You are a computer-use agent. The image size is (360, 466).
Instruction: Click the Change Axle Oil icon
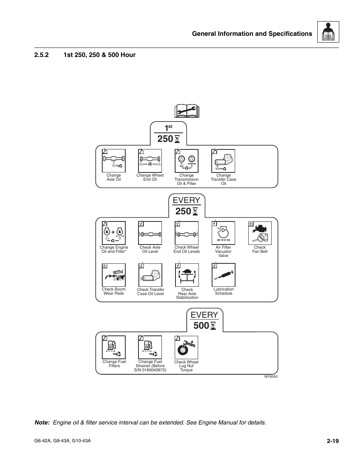click(x=114, y=161)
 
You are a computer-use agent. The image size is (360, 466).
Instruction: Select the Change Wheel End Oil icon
click(x=150, y=161)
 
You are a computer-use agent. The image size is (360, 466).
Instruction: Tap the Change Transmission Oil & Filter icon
click(x=186, y=161)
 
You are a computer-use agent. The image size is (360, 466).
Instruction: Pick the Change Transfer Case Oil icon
click(x=223, y=161)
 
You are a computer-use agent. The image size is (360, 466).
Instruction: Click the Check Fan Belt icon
click(x=260, y=233)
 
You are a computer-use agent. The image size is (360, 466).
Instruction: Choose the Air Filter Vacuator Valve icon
click(x=223, y=233)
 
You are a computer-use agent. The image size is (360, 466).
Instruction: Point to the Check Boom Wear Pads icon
click(x=114, y=275)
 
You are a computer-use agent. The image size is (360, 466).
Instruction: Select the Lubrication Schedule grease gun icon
click(x=223, y=275)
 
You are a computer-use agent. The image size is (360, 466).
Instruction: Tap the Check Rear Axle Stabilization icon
click(x=187, y=275)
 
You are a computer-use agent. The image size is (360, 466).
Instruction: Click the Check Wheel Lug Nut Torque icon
click(x=186, y=347)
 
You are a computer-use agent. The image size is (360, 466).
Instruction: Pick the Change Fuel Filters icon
click(x=114, y=347)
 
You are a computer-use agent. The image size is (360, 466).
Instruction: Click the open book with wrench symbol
click(x=187, y=111)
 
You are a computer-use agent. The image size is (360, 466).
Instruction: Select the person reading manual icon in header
click(x=328, y=32)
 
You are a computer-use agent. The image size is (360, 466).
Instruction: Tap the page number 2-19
click(x=333, y=441)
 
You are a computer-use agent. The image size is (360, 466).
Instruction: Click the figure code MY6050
click(x=271, y=377)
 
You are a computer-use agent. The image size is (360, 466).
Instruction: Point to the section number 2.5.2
click(x=42, y=55)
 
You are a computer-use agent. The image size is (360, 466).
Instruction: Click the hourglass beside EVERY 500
click(x=213, y=326)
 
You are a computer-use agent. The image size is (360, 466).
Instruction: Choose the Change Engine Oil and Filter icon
click(x=114, y=233)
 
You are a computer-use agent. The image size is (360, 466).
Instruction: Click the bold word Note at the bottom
click(x=42, y=423)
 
